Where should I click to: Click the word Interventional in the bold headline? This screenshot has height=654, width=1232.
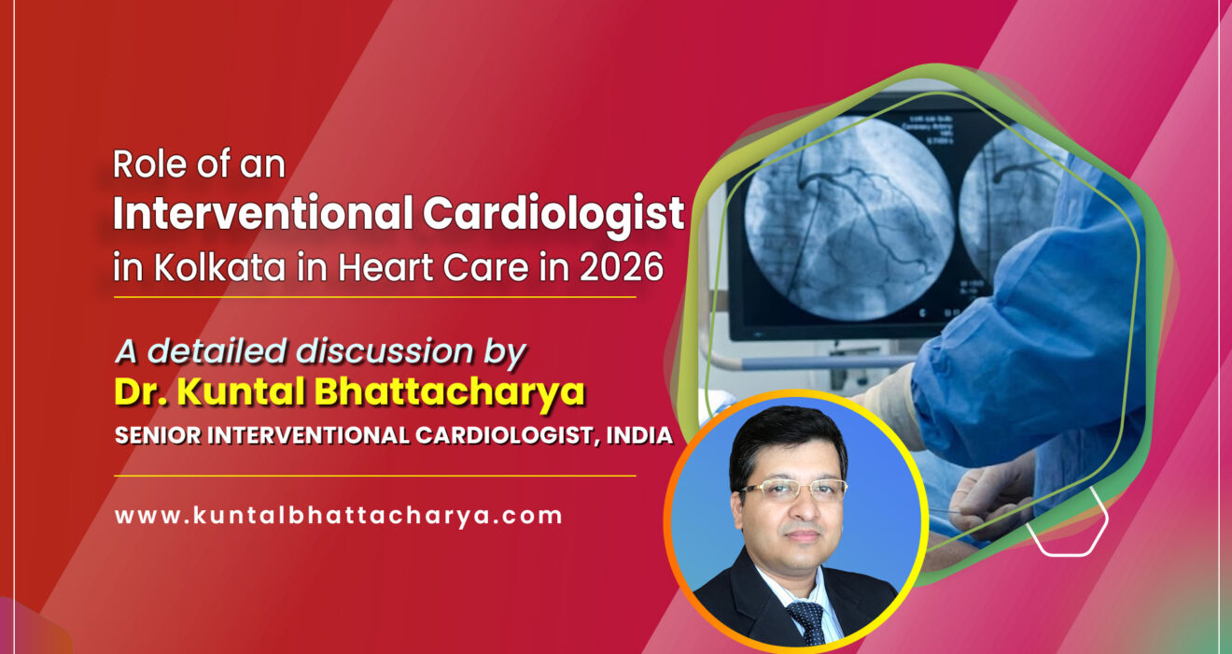(x=262, y=215)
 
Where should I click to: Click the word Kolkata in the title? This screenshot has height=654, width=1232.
(x=202, y=267)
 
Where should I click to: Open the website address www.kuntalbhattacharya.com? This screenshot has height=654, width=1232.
(x=339, y=515)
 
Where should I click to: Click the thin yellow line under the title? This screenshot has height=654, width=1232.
(x=374, y=297)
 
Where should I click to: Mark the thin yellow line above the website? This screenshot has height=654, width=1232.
(x=374, y=476)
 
